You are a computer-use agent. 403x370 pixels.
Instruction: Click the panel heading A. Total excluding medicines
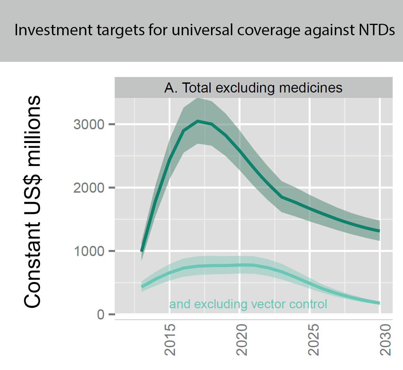pyautogui.click(x=253, y=88)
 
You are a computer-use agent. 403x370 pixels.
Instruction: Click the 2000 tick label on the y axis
pyautogui.click(x=88, y=188)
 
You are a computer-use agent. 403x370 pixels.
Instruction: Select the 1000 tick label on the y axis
pyautogui.click(x=88, y=251)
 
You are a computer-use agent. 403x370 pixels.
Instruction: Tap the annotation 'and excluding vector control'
pyautogui.click(x=248, y=304)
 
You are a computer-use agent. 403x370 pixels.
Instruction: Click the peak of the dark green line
pyautogui.click(x=198, y=121)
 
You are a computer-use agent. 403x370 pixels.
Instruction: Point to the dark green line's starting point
pyautogui.click(x=142, y=251)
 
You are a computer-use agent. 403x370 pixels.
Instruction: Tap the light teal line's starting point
pyautogui.click(x=142, y=287)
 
